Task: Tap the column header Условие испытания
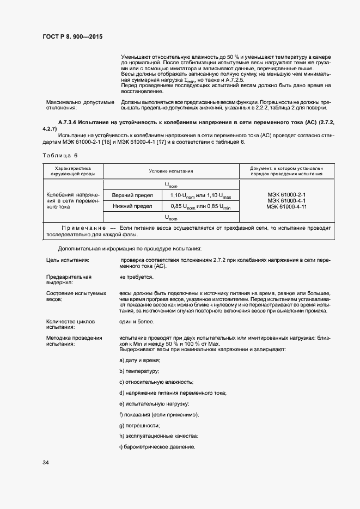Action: [171, 171]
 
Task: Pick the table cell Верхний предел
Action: [132, 195]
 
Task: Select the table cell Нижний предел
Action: [132, 206]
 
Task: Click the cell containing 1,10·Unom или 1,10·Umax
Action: [200, 195]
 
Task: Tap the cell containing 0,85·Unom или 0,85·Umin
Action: [200, 206]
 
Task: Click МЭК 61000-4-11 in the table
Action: [286, 207]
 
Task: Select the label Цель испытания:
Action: [68, 260]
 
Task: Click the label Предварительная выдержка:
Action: [65, 280]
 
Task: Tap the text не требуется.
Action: [136, 277]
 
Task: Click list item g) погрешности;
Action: [139, 425]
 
